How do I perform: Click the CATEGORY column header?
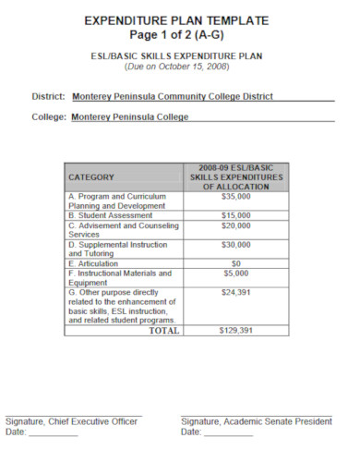(x=91, y=176)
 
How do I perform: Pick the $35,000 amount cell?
(x=236, y=196)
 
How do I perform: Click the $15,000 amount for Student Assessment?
(x=236, y=215)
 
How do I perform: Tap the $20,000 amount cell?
(x=236, y=225)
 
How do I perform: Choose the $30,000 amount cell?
(x=236, y=245)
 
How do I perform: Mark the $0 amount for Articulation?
(x=236, y=263)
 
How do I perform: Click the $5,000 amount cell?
(x=236, y=274)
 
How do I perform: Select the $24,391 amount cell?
(x=236, y=293)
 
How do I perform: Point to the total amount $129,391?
(x=236, y=330)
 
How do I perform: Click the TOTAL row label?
(x=164, y=330)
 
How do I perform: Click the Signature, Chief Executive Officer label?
(x=71, y=421)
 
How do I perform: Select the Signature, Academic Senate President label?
(x=256, y=421)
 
